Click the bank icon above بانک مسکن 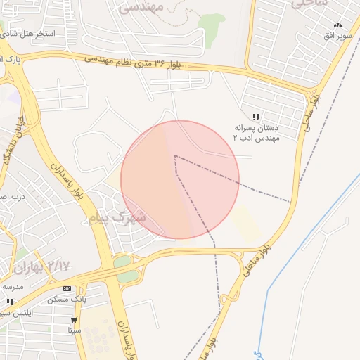tap(67, 288)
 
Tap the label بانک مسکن tap(67, 300)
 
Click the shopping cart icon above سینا tap(74, 320)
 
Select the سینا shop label tap(75, 330)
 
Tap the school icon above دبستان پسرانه tap(257, 117)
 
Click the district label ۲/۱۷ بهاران tap(42, 266)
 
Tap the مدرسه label tap(13, 286)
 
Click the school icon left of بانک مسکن tap(10, 302)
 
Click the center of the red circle tap(180, 179)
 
